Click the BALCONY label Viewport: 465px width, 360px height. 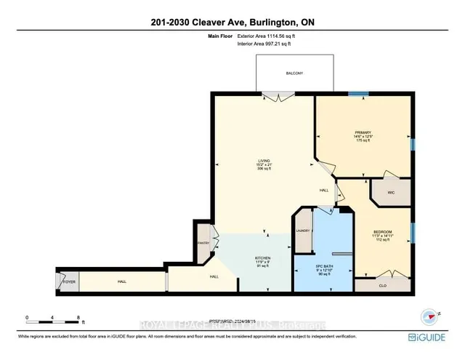[x=294, y=73]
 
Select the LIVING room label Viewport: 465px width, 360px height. [x=264, y=161]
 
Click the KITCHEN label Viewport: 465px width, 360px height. [x=262, y=258]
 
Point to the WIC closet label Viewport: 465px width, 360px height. [x=390, y=193]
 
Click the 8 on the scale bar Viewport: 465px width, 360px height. [x=78, y=318]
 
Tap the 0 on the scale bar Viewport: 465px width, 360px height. [x=27, y=318]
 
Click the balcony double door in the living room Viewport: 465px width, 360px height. [x=279, y=95]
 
